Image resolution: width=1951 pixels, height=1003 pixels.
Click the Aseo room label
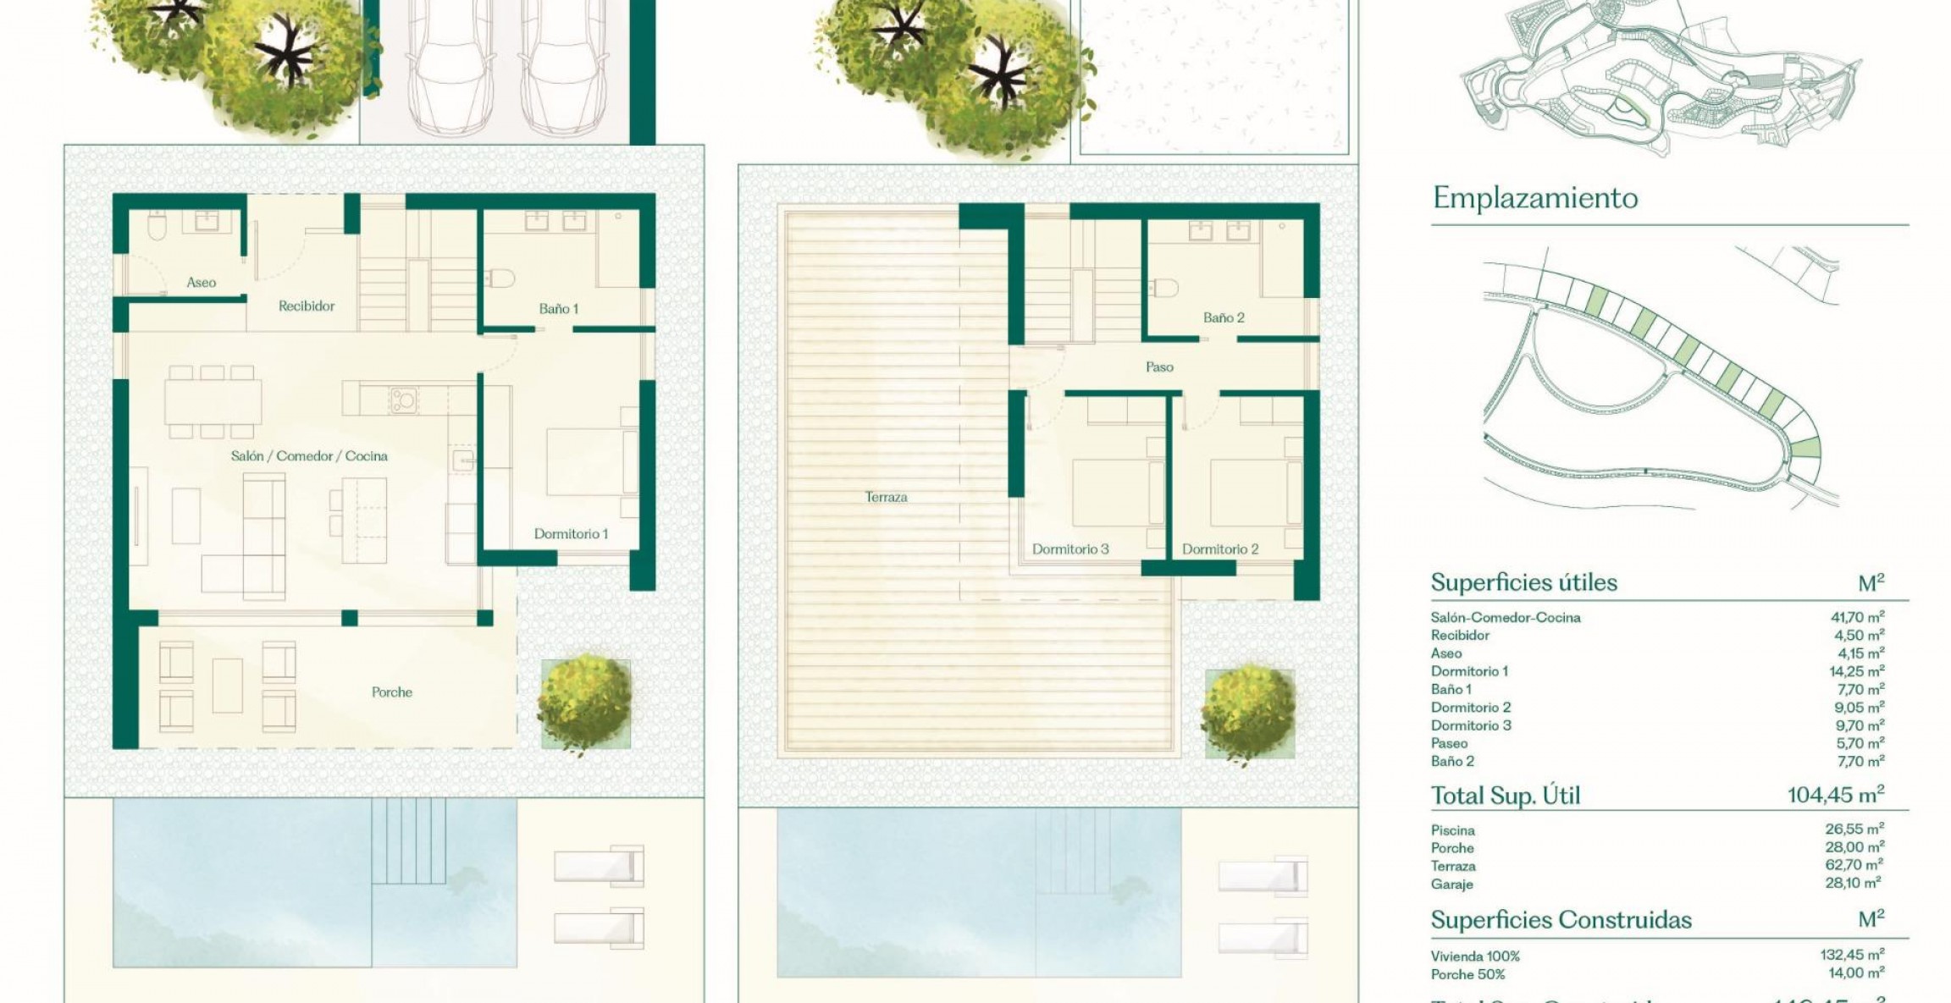(201, 283)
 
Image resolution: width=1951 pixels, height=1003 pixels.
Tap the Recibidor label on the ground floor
(307, 306)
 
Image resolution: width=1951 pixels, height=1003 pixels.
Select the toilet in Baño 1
(503, 278)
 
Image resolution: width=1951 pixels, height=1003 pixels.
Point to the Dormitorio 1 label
(571, 534)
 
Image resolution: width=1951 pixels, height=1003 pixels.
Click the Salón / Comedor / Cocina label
(309, 456)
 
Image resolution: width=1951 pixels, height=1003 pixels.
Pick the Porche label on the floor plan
(392, 692)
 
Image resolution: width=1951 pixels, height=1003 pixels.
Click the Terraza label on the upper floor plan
(886, 498)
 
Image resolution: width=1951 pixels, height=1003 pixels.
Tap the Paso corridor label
(1159, 367)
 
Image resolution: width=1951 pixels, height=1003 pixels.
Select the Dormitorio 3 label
(1070, 549)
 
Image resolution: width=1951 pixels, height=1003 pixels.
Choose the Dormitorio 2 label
(1220, 549)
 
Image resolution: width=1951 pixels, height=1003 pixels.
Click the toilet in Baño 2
(1165, 289)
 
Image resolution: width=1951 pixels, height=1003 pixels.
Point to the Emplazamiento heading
(1535, 198)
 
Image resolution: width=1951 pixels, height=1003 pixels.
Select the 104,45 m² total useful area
(1835, 796)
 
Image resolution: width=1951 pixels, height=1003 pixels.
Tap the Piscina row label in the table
(1452, 830)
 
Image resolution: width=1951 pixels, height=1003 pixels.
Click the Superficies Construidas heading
(1561, 920)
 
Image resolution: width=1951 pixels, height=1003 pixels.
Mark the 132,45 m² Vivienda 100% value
(1852, 956)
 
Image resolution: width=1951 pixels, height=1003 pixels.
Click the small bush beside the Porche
(585, 702)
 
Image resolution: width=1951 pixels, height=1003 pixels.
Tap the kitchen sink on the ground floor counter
(403, 398)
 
